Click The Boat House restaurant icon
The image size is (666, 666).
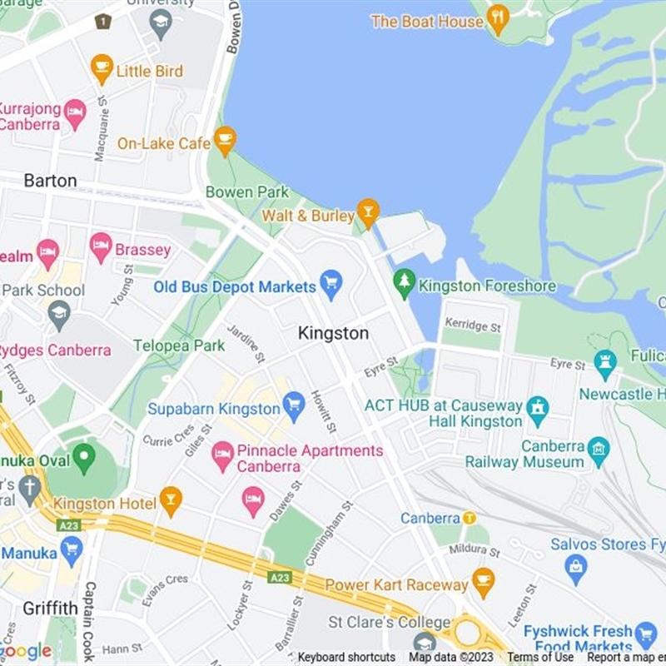pos(497,18)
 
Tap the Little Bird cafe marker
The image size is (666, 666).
pos(102,69)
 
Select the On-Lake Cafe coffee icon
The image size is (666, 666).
pos(225,140)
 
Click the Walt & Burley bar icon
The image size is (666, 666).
pos(368,212)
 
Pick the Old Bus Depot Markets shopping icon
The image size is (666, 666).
pos(331,284)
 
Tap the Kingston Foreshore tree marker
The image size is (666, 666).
pos(405,283)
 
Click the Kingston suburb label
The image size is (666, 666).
pos(333,333)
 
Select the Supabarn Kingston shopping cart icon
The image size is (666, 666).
pos(293,406)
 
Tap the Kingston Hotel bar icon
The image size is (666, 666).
pos(171,501)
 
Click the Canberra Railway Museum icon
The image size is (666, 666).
pos(598,451)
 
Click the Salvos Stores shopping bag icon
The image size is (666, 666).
pos(575,569)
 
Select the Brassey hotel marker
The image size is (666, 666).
pos(101,246)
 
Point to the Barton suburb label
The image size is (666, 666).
pos(50,180)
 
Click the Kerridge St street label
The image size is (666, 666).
pos(473,325)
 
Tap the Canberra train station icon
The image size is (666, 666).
pos(470,519)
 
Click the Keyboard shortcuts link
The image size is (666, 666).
pos(346,657)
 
